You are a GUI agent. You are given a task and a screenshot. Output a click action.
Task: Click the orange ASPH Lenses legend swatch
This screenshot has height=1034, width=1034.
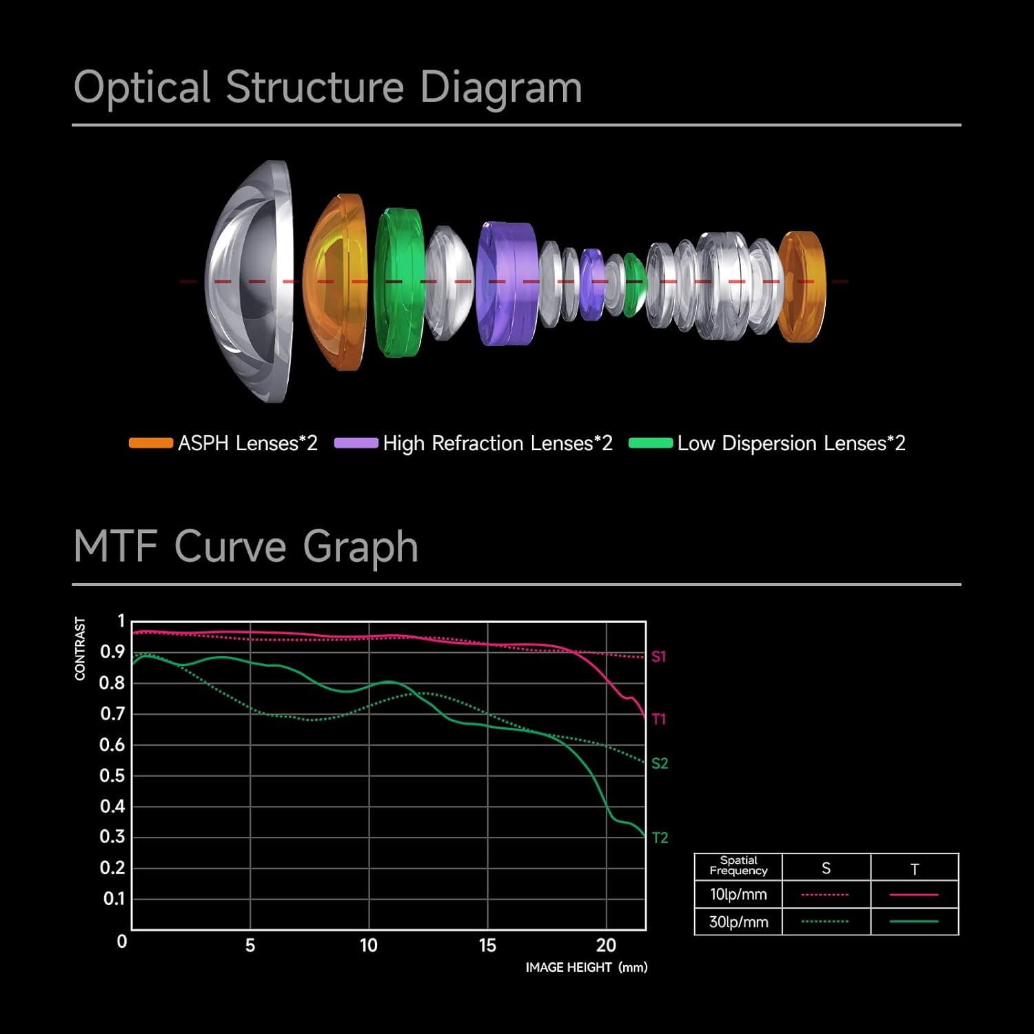[x=150, y=443]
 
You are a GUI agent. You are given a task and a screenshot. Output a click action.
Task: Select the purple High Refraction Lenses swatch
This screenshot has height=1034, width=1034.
[x=356, y=443]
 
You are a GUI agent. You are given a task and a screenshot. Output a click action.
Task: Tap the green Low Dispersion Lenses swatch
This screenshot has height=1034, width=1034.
[x=650, y=443]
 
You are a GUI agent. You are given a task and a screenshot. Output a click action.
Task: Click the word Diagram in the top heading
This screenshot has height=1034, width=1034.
[x=500, y=88]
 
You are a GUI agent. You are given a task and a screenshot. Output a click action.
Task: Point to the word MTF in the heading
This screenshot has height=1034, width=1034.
[x=115, y=547]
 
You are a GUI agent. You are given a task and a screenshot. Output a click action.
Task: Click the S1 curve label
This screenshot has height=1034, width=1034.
[x=659, y=656]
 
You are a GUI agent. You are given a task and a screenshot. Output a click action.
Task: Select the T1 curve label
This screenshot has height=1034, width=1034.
[x=659, y=719]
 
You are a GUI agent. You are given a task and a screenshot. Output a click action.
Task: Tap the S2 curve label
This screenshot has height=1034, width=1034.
[x=660, y=763]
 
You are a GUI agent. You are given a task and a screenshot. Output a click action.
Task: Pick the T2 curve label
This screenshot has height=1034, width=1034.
[x=660, y=838]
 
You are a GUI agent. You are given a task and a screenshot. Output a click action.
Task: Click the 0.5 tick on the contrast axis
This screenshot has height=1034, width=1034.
[x=112, y=775]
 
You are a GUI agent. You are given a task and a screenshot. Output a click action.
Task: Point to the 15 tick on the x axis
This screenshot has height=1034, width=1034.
[x=487, y=945]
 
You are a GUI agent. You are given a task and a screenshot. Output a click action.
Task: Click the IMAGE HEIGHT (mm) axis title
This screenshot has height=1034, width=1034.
[x=587, y=967]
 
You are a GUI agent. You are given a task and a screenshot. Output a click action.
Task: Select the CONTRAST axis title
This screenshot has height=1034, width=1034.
[x=80, y=649]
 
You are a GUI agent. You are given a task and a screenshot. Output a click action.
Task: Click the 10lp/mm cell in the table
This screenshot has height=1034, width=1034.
[x=738, y=894]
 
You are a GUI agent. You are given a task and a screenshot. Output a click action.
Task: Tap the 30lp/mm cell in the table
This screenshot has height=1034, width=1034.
[x=738, y=922]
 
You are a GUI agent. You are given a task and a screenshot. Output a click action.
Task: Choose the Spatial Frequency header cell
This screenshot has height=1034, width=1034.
[x=738, y=866]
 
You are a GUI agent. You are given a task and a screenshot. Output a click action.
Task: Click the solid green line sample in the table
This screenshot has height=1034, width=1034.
[x=914, y=922]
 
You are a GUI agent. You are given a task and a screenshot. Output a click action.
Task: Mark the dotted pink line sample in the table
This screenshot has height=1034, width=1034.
[x=825, y=895]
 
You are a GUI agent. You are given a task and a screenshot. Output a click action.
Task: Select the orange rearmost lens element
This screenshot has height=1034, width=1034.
[x=802, y=286]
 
